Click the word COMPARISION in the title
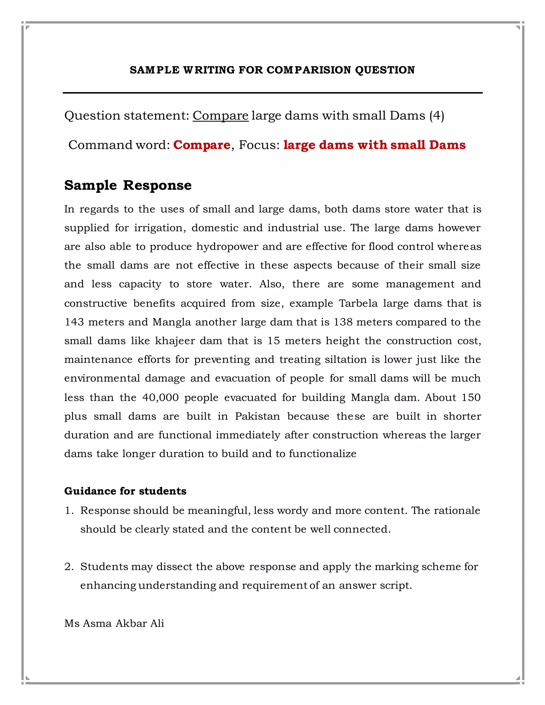point(309,70)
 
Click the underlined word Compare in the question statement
point(221,115)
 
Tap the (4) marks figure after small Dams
point(436,115)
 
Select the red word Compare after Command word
point(202,145)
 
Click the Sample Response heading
point(128,185)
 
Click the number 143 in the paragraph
point(74,322)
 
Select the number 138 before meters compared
point(343,322)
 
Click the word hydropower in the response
point(227,247)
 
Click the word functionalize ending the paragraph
point(322,454)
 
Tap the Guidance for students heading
point(125,491)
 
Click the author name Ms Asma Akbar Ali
point(114,623)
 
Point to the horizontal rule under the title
point(272,93)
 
